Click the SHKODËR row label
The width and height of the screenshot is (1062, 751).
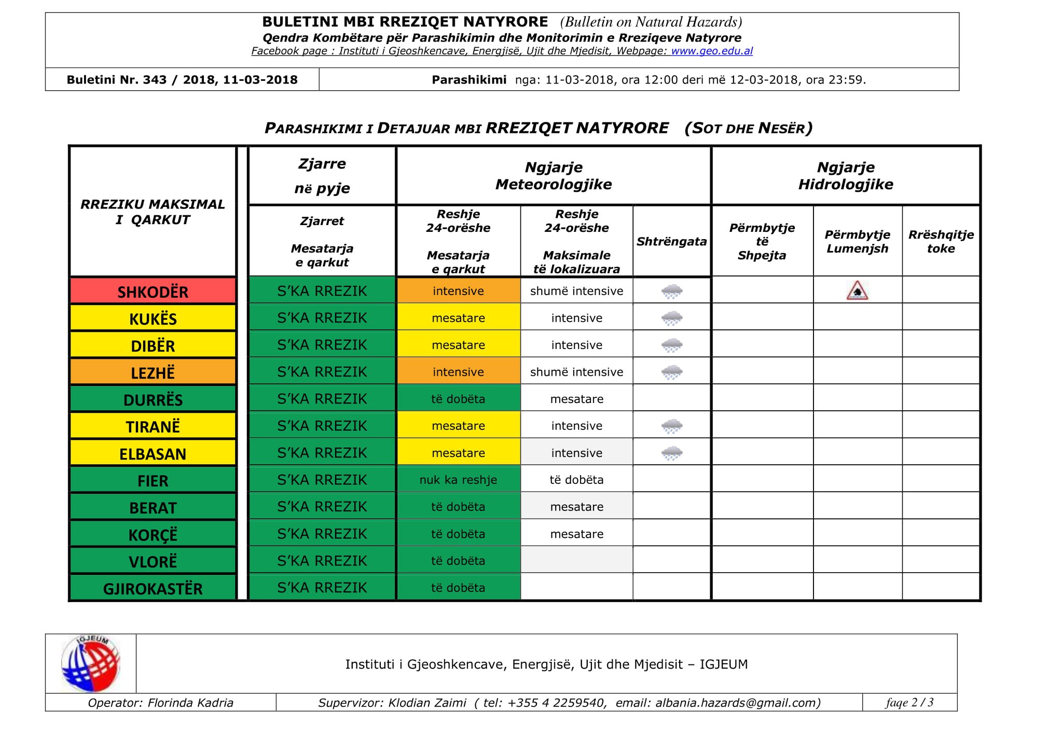click(x=153, y=291)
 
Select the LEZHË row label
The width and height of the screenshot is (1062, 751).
click(x=153, y=372)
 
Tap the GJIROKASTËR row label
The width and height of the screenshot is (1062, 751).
click(x=153, y=588)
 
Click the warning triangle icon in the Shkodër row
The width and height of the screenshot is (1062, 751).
click(x=857, y=291)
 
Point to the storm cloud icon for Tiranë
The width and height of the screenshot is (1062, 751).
click(x=672, y=426)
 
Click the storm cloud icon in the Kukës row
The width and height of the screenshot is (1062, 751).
click(x=672, y=318)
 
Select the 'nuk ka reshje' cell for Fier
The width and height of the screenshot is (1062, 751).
click(x=458, y=480)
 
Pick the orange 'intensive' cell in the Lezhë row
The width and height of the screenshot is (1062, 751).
click(x=458, y=372)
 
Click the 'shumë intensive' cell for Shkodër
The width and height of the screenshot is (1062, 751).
click(x=576, y=291)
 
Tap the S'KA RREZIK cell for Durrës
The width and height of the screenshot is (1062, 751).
click(x=322, y=399)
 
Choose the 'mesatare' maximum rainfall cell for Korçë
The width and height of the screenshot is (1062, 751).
click(x=576, y=534)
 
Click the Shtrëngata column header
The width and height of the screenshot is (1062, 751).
click(x=671, y=242)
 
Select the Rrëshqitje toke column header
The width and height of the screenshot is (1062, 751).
click(x=941, y=242)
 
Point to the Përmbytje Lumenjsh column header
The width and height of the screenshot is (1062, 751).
click(x=857, y=242)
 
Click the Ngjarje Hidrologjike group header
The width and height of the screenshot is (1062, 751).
click(x=846, y=176)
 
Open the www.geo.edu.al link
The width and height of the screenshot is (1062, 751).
click(x=712, y=51)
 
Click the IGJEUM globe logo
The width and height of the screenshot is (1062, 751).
click(x=91, y=664)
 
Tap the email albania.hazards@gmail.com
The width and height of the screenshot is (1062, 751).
click(x=736, y=703)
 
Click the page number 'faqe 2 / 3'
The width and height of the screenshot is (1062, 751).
click(x=909, y=703)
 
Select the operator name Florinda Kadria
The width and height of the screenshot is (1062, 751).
click(x=190, y=703)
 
